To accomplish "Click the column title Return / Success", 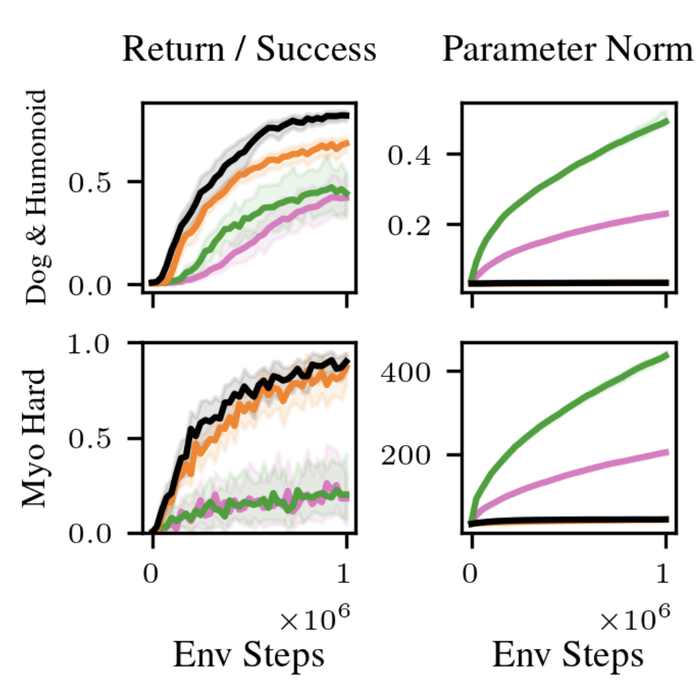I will pyautogui.click(x=249, y=50).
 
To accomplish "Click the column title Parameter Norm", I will pyautogui.click(x=567, y=50).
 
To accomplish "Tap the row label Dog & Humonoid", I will pyautogui.click(x=36, y=197).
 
